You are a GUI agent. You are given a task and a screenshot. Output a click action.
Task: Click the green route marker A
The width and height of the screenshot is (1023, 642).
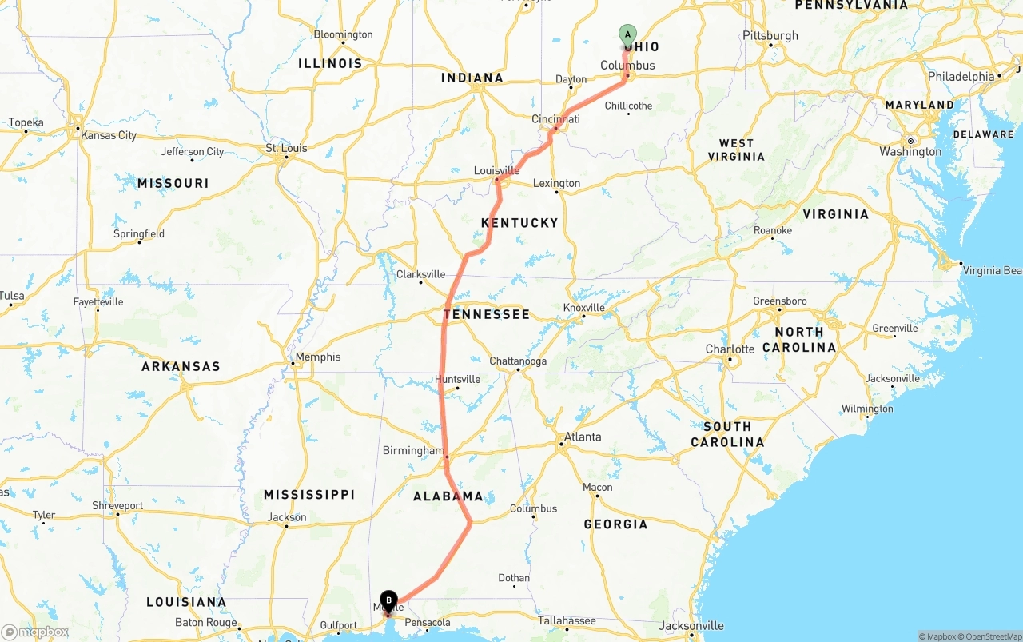tap(627, 34)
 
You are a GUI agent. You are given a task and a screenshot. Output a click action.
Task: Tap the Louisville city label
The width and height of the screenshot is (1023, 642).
tap(496, 170)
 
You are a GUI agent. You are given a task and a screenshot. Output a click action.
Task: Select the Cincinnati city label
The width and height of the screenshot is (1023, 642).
tap(555, 119)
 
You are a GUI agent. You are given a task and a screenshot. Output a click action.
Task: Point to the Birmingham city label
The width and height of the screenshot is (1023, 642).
tap(412, 450)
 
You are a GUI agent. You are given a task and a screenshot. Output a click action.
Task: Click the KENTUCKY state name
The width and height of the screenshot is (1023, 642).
tap(519, 222)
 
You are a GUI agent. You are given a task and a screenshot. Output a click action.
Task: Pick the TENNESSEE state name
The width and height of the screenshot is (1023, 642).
tap(487, 314)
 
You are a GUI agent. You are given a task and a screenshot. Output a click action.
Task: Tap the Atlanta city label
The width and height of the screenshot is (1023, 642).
tap(583, 437)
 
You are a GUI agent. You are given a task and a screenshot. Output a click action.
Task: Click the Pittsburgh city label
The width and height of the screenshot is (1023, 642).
tap(770, 35)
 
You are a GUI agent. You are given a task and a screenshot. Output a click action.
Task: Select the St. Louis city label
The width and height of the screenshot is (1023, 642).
tap(286, 148)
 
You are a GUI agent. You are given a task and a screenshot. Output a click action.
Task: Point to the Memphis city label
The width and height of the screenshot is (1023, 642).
tap(317, 357)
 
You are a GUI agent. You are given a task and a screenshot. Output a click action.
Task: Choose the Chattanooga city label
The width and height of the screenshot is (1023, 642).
tap(518, 361)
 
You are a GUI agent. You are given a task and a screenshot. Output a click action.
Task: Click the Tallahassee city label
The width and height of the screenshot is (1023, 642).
tap(566, 620)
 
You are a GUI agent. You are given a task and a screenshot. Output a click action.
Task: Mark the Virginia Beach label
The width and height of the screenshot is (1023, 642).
tap(992, 270)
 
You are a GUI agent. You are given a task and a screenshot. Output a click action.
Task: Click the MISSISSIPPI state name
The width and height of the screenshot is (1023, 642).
tap(309, 495)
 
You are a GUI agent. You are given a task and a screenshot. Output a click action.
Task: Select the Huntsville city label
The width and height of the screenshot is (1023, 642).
tap(458, 379)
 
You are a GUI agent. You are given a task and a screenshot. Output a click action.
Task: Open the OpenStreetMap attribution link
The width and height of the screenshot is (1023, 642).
tap(991, 636)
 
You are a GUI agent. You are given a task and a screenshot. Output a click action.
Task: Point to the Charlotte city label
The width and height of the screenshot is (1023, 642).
tap(730, 349)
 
